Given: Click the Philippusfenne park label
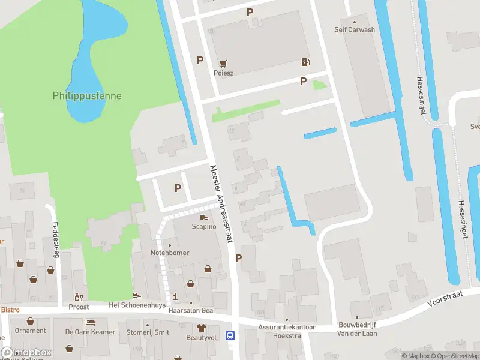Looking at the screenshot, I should tap(87, 95).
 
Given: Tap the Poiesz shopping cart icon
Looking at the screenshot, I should tap(224, 62).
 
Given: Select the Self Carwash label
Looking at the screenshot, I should tap(354, 29).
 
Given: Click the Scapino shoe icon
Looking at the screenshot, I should tap(203, 217).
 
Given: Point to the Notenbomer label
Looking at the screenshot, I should tap(169, 253).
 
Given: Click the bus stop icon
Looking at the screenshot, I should tap(229, 335).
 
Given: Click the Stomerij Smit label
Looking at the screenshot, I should tap(148, 332).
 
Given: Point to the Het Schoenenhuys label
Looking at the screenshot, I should tap(136, 305).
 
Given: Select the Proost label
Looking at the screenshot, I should tap(78, 307).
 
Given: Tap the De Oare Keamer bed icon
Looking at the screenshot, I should tap(90, 322).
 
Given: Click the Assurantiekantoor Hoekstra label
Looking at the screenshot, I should tap(287, 331).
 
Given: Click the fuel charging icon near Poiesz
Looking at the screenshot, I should tap(305, 62).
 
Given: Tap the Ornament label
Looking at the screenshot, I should tap(31, 331).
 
